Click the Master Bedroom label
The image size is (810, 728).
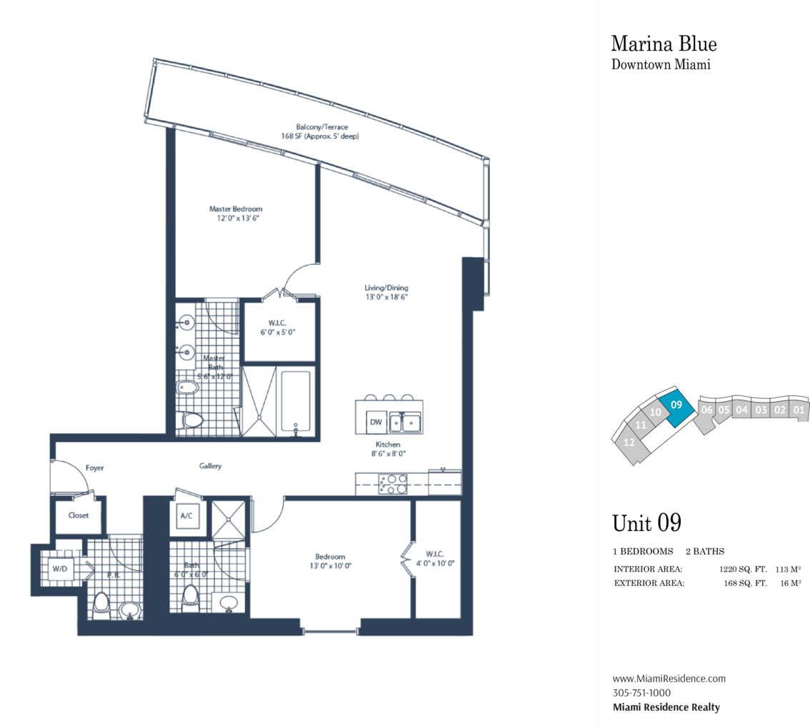(236, 209)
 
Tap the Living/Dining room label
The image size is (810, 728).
(386, 288)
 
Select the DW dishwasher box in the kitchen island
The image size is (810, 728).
(376, 422)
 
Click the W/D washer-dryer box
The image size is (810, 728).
(60, 569)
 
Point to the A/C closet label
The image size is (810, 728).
(186, 515)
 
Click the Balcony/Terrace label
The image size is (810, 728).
(322, 126)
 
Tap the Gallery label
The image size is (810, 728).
(210, 466)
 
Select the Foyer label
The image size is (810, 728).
(94, 467)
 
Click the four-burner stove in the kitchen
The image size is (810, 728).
(393, 484)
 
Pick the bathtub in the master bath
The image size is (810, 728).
(296, 402)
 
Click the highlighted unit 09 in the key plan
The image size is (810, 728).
(676, 406)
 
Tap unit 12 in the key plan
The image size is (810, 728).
(629, 443)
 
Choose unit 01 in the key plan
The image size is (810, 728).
(799, 410)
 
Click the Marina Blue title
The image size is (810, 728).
(664, 44)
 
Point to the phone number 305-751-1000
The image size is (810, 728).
(641, 693)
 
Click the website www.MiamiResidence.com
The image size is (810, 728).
(669, 679)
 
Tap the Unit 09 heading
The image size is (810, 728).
(646, 523)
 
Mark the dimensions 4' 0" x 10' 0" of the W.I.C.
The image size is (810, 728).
(435, 563)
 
